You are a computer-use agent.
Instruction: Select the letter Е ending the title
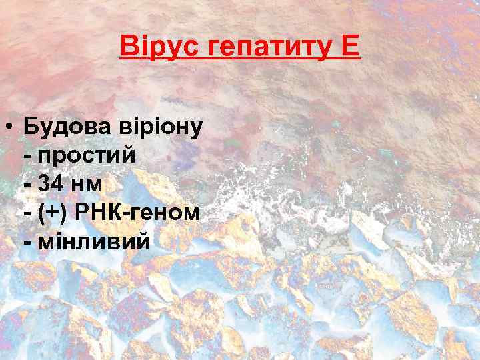[x=350, y=47]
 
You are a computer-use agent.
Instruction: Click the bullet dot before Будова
[x=11, y=126]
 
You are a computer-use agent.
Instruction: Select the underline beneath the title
[x=240, y=59]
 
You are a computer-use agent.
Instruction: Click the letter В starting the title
[x=127, y=47]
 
